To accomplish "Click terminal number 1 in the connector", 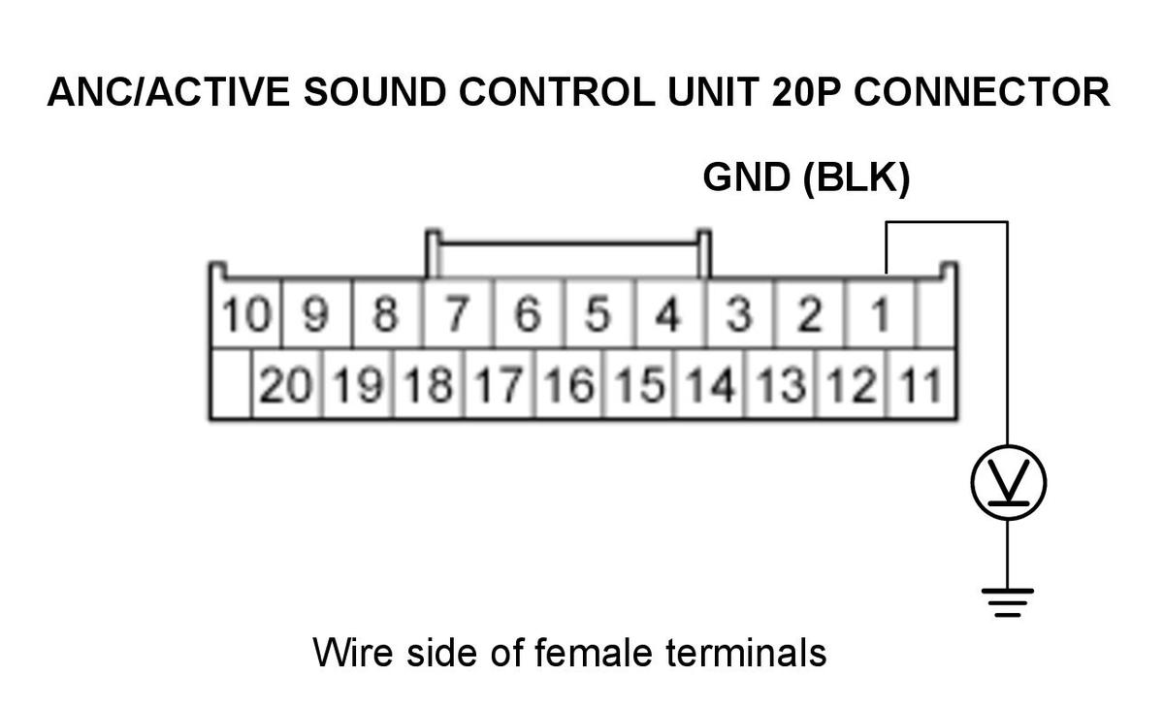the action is [880, 313].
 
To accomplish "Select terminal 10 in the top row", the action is [246, 313].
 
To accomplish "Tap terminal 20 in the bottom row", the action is [286, 384].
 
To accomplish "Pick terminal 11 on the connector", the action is [921, 384].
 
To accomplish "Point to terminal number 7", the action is [458, 313].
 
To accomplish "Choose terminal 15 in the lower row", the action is [639, 384].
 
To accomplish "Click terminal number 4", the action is [669, 313].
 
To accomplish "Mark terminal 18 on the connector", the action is [428, 384].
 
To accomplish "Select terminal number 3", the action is [739, 313].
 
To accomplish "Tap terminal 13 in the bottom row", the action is [781, 384].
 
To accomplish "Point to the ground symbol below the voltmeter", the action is [1008, 602].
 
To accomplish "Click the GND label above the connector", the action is [747, 177].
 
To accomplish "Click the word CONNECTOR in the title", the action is [982, 92].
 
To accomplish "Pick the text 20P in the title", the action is [805, 92].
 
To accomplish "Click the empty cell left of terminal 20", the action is [231, 384].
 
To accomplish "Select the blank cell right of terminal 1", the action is [935, 313].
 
